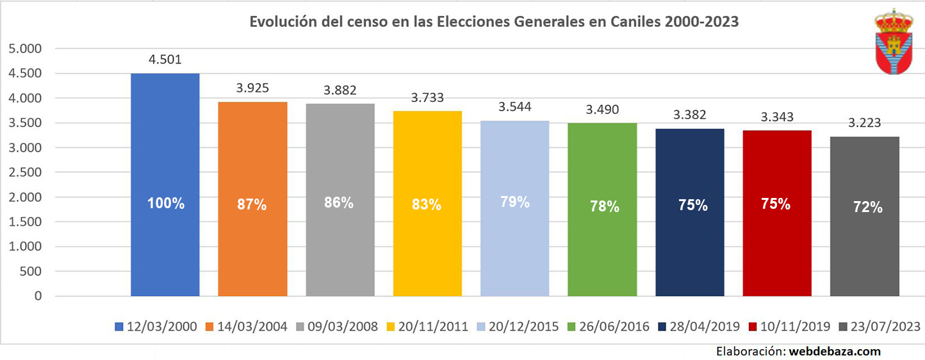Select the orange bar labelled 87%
[252, 199]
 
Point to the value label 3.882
[340, 90]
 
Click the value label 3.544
[515, 107]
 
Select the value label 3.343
[777, 117]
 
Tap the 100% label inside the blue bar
[165, 204]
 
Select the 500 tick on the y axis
[31, 272]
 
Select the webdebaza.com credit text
[835, 351]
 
